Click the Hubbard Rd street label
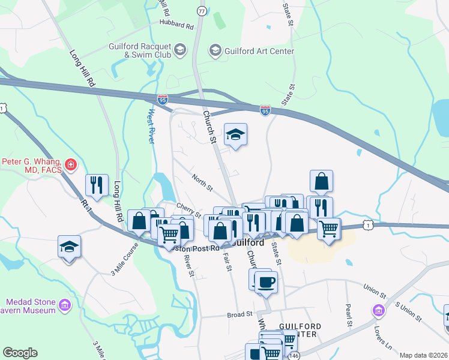coord(176,26)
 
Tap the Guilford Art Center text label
coord(259,51)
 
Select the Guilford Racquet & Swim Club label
coord(140,51)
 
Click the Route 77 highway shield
coord(202,11)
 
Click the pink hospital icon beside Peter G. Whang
coord(71,164)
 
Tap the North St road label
coord(202,182)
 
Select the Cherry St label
coord(188,210)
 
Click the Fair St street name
coord(227,262)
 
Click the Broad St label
coord(240,314)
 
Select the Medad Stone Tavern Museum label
coord(31,306)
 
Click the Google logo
coord(20,353)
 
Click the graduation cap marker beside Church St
coord(236,134)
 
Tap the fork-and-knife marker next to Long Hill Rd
coord(97,185)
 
